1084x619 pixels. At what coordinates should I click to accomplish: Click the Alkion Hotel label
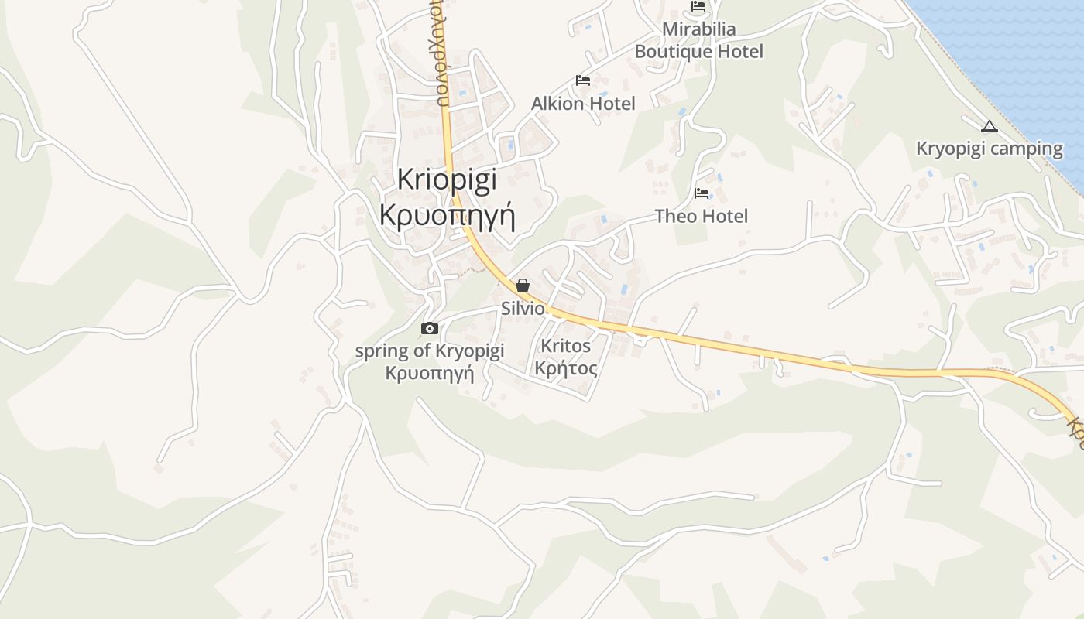click(x=583, y=103)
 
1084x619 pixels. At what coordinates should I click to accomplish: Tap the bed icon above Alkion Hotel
click(x=583, y=80)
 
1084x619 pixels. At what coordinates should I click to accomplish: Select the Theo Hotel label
click(x=702, y=216)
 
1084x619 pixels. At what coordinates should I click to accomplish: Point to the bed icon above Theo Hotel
click(x=702, y=193)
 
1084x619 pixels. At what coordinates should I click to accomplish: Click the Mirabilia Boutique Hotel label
click(x=698, y=40)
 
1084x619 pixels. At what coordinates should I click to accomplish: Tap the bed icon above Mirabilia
click(x=698, y=7)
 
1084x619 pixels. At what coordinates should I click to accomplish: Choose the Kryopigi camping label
click(x=990, y=148)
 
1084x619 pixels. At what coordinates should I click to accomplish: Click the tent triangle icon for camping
click(x=989, y=126)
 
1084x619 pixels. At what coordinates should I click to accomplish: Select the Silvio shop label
click(x=523, y=308)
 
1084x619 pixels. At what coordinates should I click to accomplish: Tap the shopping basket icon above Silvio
click(x=523, y=286)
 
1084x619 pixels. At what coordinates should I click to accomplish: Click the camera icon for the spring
click(x=429, y=329)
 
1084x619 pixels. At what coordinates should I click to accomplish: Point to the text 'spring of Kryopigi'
click(x=429, y=351)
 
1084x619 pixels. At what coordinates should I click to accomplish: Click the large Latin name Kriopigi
click(x=447, y=180)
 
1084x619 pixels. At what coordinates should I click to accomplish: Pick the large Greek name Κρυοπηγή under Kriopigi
click(x=447, y=214)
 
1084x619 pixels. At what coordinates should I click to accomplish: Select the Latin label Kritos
click(x=565, y=346)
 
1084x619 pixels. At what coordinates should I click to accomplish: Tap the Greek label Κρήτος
click(x=565, y=368)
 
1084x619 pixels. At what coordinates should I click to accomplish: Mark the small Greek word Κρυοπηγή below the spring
click(x=429, y=373)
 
